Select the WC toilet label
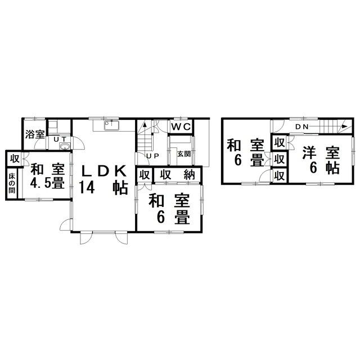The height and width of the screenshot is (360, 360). point(181,126)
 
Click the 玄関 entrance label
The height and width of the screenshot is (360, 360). point(183,154)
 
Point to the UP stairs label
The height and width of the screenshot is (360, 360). point(151,156)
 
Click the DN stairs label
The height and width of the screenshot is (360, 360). point(301,127)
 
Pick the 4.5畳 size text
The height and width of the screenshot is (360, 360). point(47,183)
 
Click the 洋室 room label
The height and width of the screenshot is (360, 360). point(319,152)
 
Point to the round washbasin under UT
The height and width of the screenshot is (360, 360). point(64,147)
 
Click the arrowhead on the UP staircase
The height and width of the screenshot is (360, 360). point(145,125)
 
